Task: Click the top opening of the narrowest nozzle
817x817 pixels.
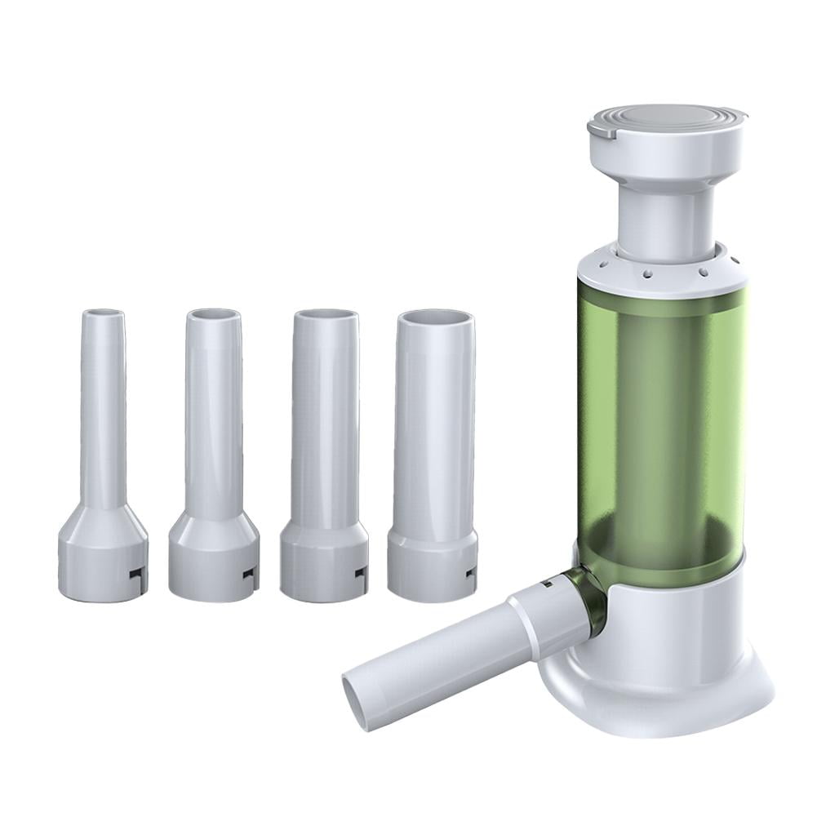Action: click(x=103, y=313)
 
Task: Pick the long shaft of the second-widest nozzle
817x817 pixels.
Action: click(x=325, y=424)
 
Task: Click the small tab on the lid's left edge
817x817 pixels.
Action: click(x=596, y=129)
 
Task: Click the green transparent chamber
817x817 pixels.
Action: click(x=661, y=424)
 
